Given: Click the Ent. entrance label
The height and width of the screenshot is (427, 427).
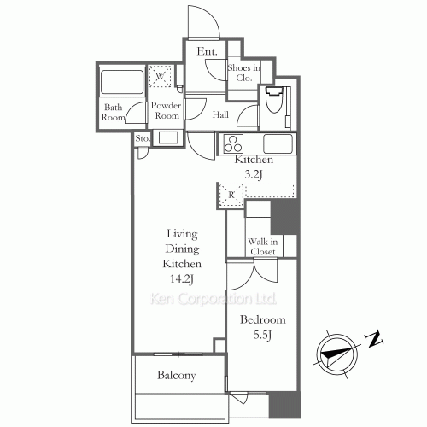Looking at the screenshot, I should pyautogui.click(x=206, y=52).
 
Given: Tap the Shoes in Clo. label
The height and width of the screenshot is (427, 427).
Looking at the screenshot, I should pyautogui.click(x=243, y=74).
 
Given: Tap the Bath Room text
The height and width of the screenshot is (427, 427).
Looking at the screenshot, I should pyautogui.click(x=114, y=113).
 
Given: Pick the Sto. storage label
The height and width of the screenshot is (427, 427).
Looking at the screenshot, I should pyautogui.click(x=142, y=138).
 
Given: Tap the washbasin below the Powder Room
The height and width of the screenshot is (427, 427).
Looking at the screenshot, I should pyautogui.click(x=167, y=137).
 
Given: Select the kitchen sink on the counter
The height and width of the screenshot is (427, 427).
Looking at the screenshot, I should pyautogui.click(x=278, y=143).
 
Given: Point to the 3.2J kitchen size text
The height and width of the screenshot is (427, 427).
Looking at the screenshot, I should pyautogui.click(x=254, y=173).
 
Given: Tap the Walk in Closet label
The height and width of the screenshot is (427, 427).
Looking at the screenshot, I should pyautogui.click(x=261, y=247).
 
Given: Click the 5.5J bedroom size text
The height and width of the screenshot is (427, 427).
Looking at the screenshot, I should pyautogui.click(x=262, y=336).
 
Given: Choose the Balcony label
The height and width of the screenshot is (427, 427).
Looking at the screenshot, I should pyautogui.click(x=177, y=375).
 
